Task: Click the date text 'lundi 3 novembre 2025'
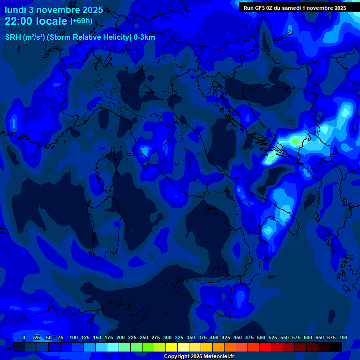pos(54,10)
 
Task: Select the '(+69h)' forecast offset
pos(81,21)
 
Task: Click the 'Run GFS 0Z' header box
pos(294,7)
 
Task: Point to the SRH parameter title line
pos(80,37)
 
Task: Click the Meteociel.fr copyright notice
pos(199,356)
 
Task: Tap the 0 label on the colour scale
pos(24,337)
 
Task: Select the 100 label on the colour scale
pos(74,337)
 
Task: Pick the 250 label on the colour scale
pos(144,337)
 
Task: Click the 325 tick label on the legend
pos(179,337)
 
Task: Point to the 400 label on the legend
pos(214,337)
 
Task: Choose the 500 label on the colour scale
pos(261,337)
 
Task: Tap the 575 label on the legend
pos(296,337)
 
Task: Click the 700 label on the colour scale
pos(343,337)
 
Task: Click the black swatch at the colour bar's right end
pos(336,347)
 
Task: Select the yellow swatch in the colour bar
pos(172,347)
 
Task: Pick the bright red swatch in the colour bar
pos(265,347)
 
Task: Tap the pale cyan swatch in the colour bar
pos(113,347)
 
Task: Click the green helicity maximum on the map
pos(295,140)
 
